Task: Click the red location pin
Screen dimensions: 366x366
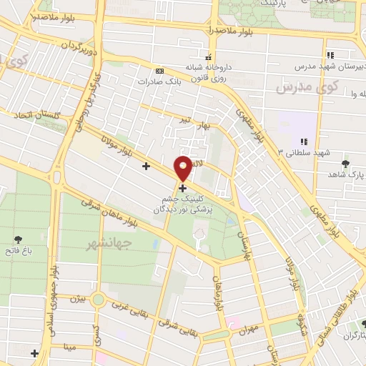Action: [x=183, y=168]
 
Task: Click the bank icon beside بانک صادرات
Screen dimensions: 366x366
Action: [x=159, y=71]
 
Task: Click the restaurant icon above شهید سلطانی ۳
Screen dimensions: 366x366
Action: [x=304, y=141]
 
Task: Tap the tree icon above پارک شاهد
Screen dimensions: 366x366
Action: [x=346, y=163]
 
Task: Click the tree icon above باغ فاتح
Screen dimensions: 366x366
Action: [x=18, y=239]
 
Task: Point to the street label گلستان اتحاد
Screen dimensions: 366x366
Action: [x=31, y=114]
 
